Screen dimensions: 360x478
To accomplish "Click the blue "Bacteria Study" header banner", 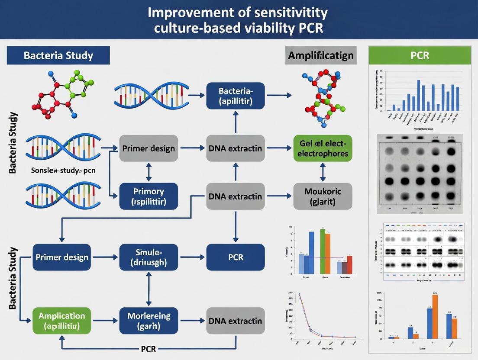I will [x=58, y=56].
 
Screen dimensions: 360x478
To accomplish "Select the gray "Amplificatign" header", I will [x=321, y=55].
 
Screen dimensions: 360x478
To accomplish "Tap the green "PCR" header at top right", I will [x=419, y=56].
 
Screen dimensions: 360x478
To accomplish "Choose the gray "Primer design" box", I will [x=149, y=148].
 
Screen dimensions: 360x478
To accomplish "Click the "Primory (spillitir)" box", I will [x=149, y=196].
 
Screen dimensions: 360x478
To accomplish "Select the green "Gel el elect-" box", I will [x=323, y=148].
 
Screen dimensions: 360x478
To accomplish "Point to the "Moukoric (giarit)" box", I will [x=323, y=196].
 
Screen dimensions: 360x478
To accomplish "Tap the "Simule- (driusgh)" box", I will [x=149, y=257].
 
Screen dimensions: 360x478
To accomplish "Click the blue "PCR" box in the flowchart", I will [x=236, y=257].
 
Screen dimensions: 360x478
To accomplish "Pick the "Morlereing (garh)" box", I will [x=149, y=320].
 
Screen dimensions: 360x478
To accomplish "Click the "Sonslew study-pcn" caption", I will [x=63, y=170].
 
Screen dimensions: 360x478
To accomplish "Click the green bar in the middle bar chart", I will [x=322, y=251].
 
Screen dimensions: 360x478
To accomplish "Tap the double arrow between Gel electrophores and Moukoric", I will [x=323, y=172].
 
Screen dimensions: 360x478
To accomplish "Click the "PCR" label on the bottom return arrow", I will [x=149, y=349].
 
